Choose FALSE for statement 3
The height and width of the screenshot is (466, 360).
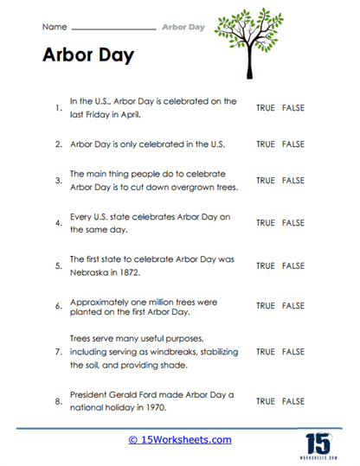click(293, 181)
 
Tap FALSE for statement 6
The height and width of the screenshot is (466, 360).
click(293, 306)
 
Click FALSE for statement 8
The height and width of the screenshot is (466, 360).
click(293, 402)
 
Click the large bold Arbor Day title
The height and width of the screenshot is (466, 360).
click(87, 55)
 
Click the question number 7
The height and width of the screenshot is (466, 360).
click(58, 353)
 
